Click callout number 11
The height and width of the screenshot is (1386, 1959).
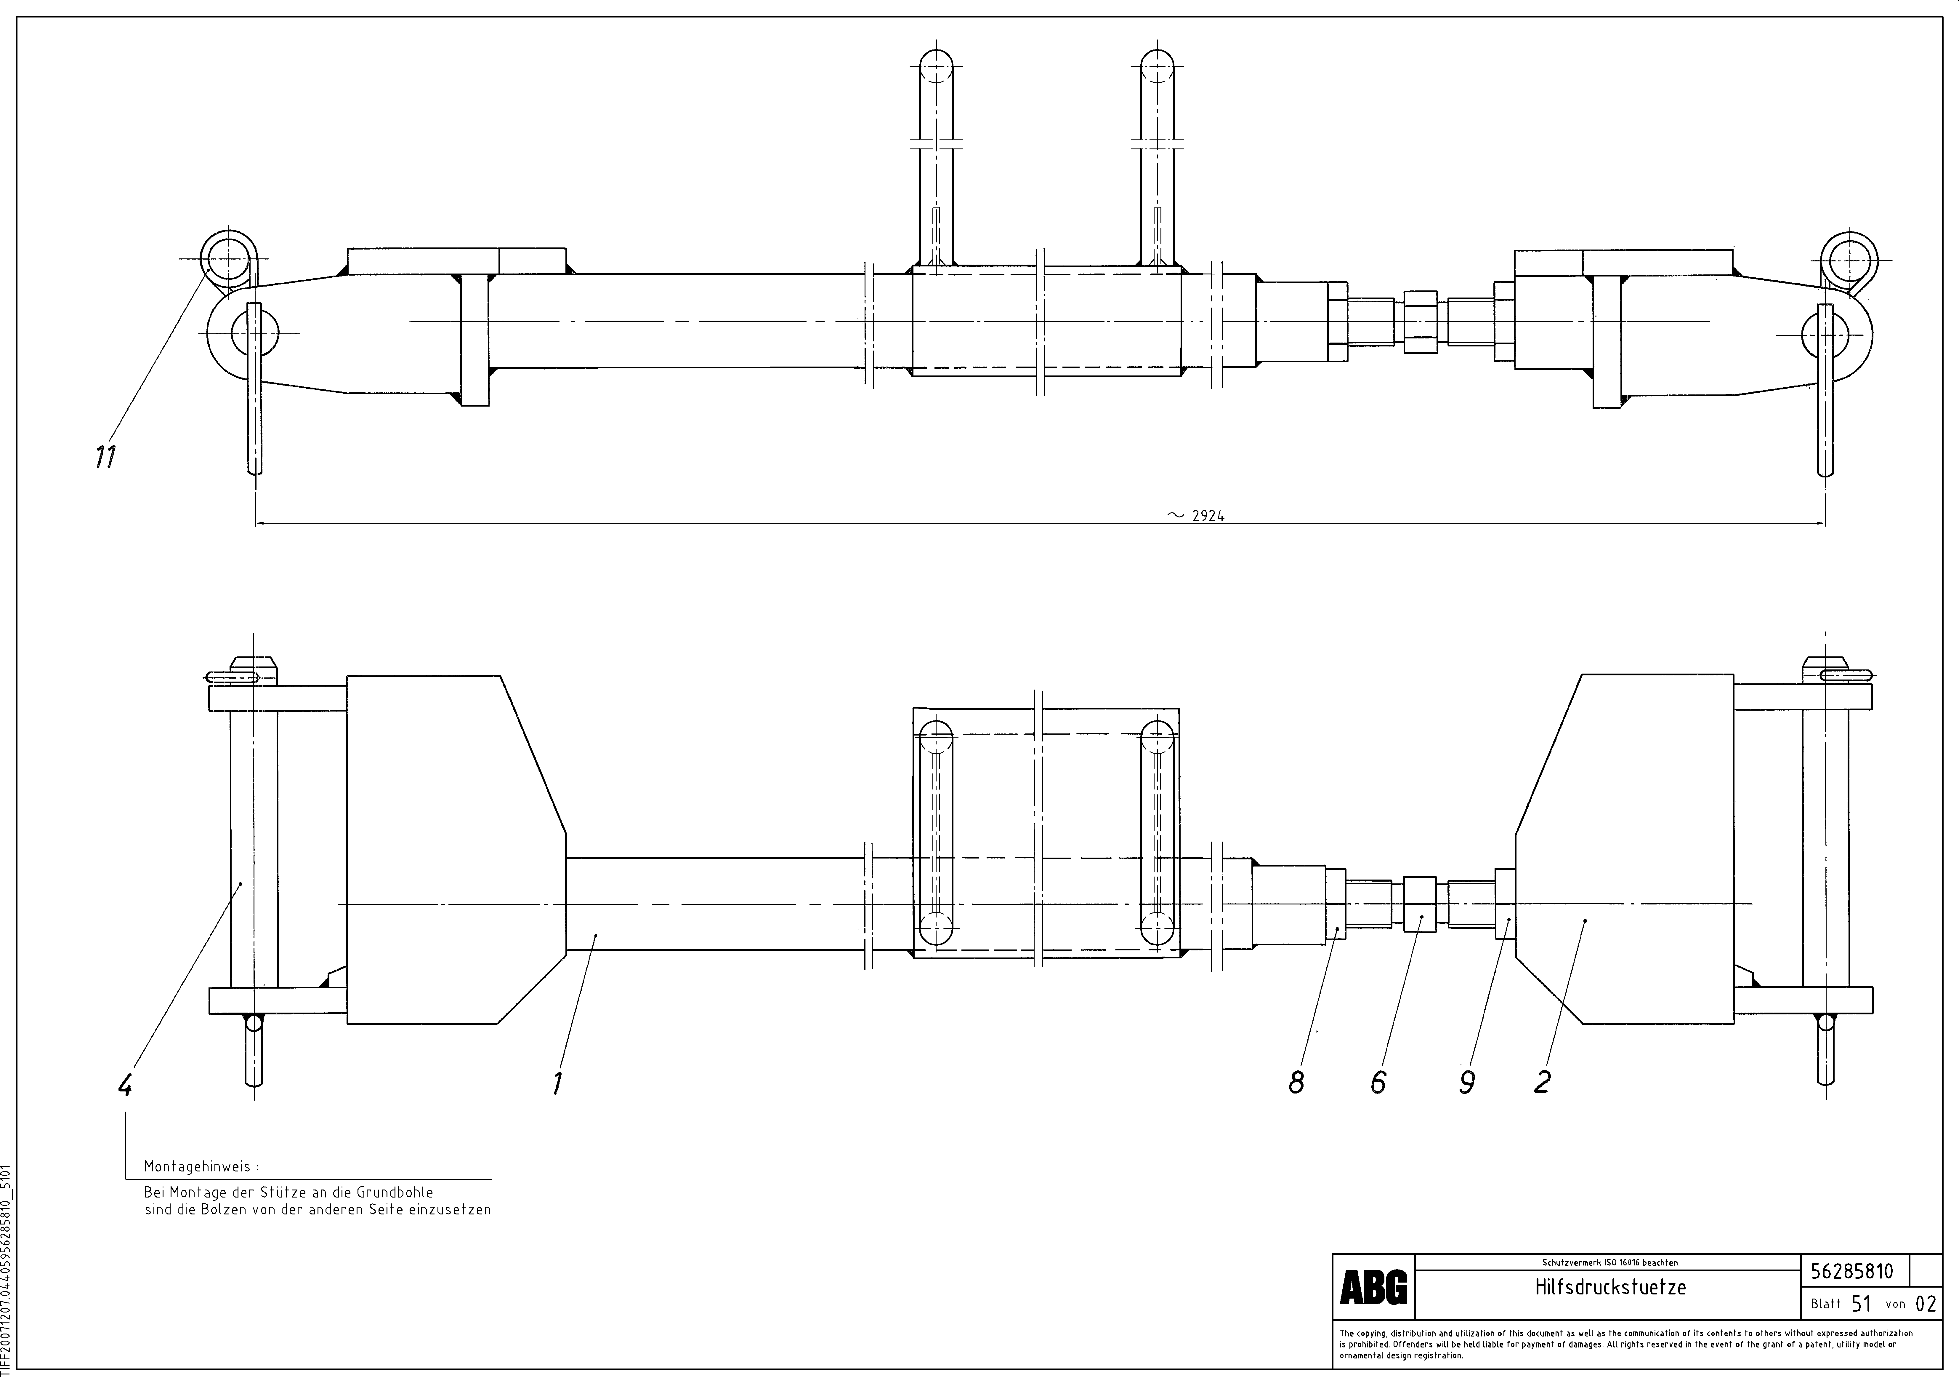(x=105, y=458)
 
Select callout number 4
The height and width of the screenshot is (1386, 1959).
(x=125, y=1086)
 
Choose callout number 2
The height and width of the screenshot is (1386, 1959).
(x=1542, y=1082)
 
